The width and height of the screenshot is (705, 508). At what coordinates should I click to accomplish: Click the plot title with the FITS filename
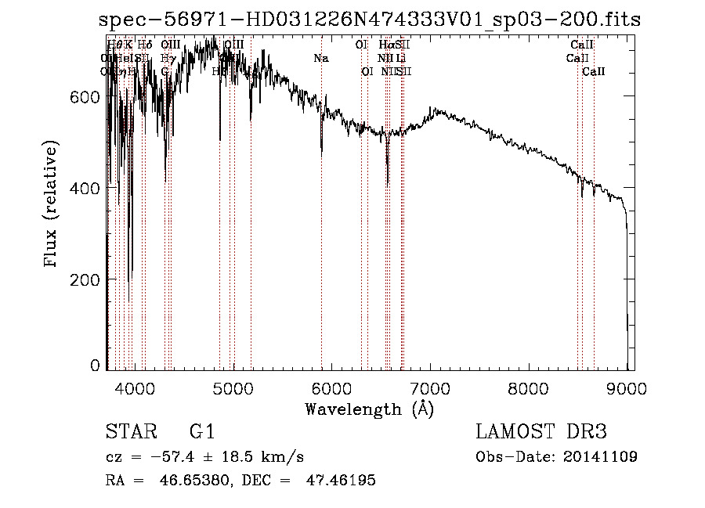370,20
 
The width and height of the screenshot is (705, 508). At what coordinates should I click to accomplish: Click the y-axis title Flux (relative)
52,205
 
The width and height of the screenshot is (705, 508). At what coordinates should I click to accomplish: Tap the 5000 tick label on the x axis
233,387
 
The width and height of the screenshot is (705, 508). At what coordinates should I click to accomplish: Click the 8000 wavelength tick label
529,387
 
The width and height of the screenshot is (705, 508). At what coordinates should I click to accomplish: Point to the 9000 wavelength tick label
627,387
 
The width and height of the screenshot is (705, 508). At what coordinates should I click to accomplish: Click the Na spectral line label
321,58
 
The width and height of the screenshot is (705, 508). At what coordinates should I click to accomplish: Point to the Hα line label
385,45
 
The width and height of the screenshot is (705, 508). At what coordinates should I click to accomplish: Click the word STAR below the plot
130,433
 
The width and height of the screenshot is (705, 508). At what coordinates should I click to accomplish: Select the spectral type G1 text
202,433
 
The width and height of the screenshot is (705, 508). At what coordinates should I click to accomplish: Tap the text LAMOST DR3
541,433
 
